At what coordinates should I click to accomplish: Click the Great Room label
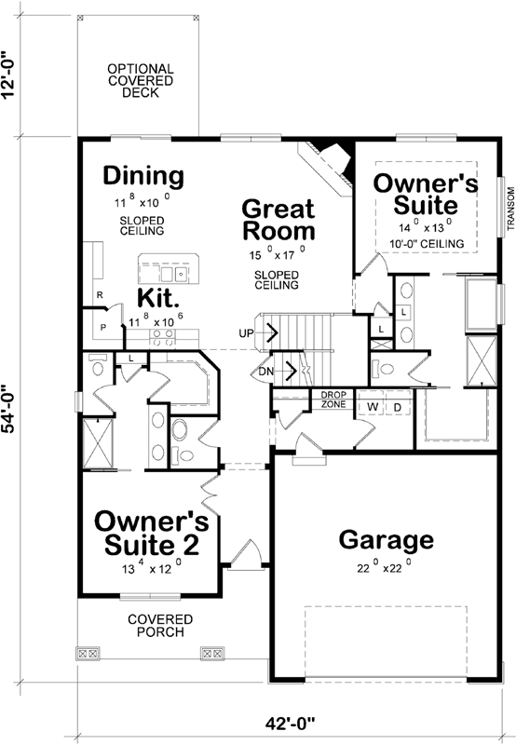coord(278,220)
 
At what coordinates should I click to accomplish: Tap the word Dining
coord(143,175)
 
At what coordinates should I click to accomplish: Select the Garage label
coord(386,539)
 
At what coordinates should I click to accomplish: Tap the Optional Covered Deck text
coord(140,81)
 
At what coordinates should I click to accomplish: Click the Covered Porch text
coord(160,625)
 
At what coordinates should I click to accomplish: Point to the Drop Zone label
coord(333,399)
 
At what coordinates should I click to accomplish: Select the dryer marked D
coord(395,407)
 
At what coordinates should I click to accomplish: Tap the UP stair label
coord(247,332)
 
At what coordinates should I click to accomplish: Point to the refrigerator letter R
coord(99,295)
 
